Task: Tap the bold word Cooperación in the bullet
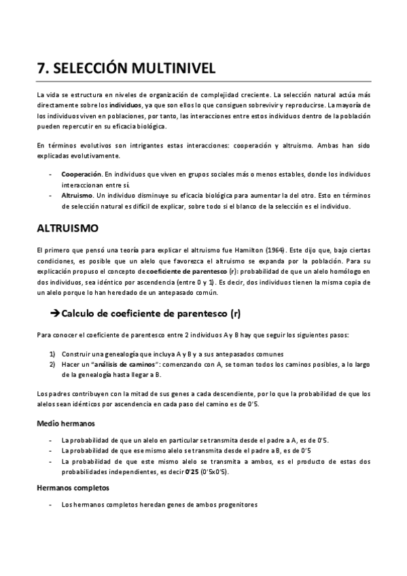82,175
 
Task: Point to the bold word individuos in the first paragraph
126,106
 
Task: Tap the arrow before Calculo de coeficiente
55,313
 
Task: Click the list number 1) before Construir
52,354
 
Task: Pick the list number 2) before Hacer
52,365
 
